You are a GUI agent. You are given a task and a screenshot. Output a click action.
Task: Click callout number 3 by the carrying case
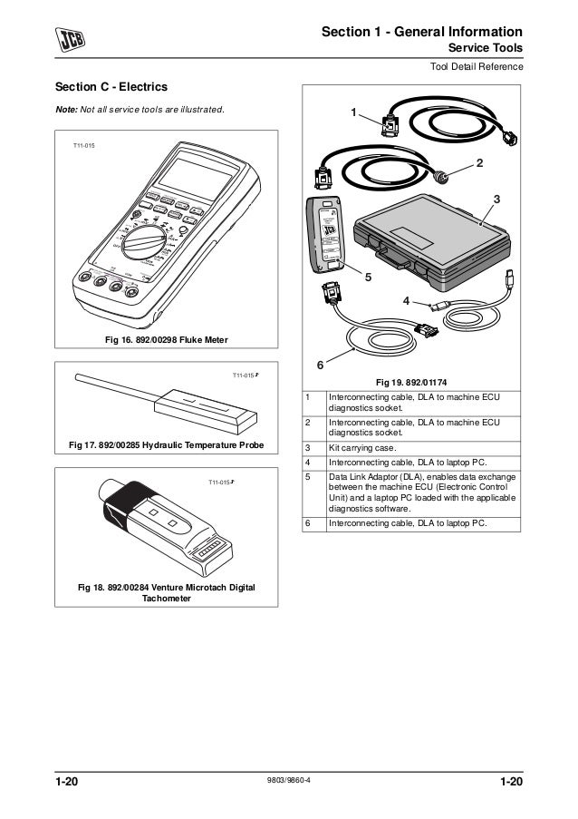pyautogui.click(x=496, y=198)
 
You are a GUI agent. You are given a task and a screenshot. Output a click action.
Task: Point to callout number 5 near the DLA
pyautogui.click(x=368, y=278)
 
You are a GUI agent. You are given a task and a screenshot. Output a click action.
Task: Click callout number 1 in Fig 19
pyautogui.click(x=354, y=112)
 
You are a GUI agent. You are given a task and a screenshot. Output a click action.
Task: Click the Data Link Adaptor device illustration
pyautogui.click(x=327, y=232)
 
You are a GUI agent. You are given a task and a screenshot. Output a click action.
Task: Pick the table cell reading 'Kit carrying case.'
pyautogui.click(x=362, y=448)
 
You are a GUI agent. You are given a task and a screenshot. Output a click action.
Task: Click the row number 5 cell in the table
pyautogui.click(x=309, y=476)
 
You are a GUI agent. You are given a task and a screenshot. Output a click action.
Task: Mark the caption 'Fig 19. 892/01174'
pyautogui.click(x=412, y=382)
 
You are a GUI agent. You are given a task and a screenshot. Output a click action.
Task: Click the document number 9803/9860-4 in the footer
pyautogui.click(x=289, y=782)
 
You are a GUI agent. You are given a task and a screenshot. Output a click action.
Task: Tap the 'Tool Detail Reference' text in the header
pyautogui.click(x=476, y=68)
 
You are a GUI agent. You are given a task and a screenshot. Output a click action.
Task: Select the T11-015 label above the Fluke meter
pyautogui.click(x=82, y=145)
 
